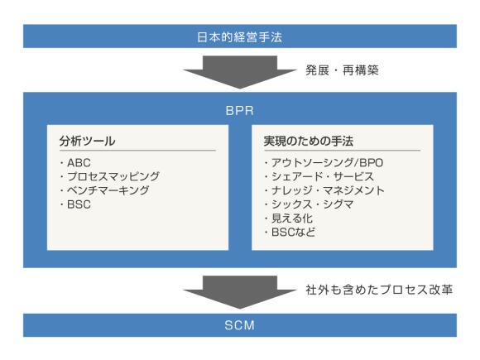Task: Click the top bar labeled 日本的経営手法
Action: [x=240, y=36]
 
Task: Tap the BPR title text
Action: [x=240, y=108]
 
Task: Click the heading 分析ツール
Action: [x=88, y=141]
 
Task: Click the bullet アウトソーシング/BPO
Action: [x=319, y=162]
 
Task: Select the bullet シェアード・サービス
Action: [x=314, y=176]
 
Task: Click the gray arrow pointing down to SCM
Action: [x=240, y=290]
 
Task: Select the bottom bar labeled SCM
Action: [x=240, y=325]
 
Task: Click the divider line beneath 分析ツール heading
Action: [x=137, y=151]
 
